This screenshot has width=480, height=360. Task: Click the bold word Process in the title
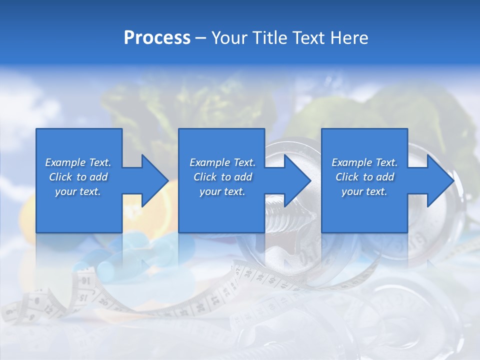tap(157, 38)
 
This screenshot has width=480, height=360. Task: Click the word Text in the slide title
tap(308, 38)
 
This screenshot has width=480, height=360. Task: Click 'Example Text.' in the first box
tap(78, 162)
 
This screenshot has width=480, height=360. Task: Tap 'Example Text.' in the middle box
tap(222, 162)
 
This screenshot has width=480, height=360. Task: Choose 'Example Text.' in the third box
tap(364, 162)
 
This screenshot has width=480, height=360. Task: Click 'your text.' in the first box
tap(78, 191)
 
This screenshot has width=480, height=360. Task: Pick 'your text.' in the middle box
tap(222, 191)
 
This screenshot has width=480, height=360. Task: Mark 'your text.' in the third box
tap(364, 191)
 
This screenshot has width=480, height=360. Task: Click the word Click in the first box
tap(61, 177)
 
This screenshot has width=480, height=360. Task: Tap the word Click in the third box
tap(347, 177)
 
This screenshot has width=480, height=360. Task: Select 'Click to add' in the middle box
tap(222, 177)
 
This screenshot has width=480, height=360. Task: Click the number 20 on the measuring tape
tap(104, 302)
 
